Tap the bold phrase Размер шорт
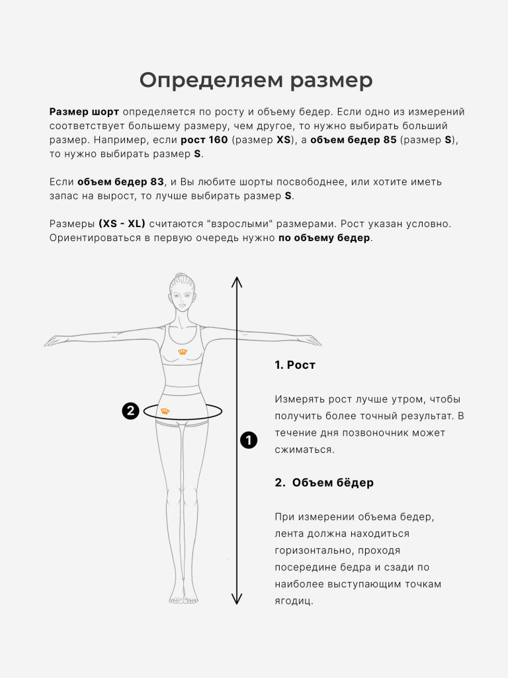click(x=84, y=112)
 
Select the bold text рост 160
click(x=204, y=140)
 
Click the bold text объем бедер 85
click(x=353, y=140)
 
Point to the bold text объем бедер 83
click(x=120, y=181)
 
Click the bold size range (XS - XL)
click(x=122, y=224)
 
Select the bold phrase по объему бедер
click(x=324, y=238)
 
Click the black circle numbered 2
click(x=130, y=411)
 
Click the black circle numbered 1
click(x=249, y=440)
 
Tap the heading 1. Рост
click(x=295, y=365)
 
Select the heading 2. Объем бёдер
click(x=324, y=482)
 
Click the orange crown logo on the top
click(x=183, y=352)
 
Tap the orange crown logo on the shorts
click(x=165, y=411)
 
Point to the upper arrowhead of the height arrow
click(x=237, y=281)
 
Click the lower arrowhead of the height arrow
click(x=237, y=599)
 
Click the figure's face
click(x=182, y=298)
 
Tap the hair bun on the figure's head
click(x=181, y=276)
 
